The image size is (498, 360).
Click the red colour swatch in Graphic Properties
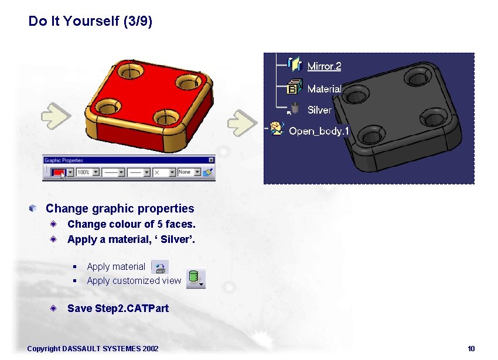point(58,172)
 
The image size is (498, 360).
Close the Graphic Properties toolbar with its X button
point(212,160)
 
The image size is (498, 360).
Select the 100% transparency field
point(84,173)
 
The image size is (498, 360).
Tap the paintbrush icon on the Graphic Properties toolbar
point(207,172)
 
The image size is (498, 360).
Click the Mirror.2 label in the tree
point(324,66)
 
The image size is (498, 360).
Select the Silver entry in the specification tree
point(319,109)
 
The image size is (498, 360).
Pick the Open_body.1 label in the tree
point(319,131)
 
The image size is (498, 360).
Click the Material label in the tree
point(324,88)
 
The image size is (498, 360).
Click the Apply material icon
point(160,267)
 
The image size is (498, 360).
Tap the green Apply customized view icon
point(193,278)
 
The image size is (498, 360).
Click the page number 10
point(471,349)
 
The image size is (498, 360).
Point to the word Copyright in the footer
point(43,349)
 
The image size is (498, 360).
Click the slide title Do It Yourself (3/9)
point(90,22)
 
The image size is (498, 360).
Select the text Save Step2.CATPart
point(118,308)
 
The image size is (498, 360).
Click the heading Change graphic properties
point(120,208)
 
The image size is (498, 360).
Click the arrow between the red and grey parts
point(241,121)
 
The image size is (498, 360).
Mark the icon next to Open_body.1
point(276,129)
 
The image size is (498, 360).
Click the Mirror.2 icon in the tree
point(295,65)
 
